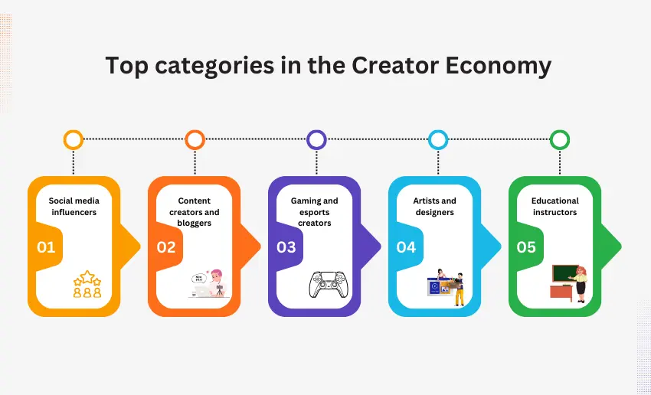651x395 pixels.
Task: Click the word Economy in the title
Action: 499,66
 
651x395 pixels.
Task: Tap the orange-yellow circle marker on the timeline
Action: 74,139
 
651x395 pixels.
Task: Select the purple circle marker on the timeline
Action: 316,139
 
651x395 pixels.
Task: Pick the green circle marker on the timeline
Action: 560,139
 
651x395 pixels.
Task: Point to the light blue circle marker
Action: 438,139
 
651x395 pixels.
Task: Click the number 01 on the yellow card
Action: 47,247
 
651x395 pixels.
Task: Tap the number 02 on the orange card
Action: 166,247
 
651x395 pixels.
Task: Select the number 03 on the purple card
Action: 286,247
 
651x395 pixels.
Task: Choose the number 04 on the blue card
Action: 406,247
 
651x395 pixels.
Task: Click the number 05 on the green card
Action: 526,247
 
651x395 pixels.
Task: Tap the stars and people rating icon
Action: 87,284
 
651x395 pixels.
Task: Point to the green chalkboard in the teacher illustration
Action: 564,273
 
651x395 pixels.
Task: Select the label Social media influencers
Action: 74,206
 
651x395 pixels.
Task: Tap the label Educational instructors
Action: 554,206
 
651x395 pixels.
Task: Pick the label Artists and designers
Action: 434,206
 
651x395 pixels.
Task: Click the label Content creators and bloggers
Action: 194,211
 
